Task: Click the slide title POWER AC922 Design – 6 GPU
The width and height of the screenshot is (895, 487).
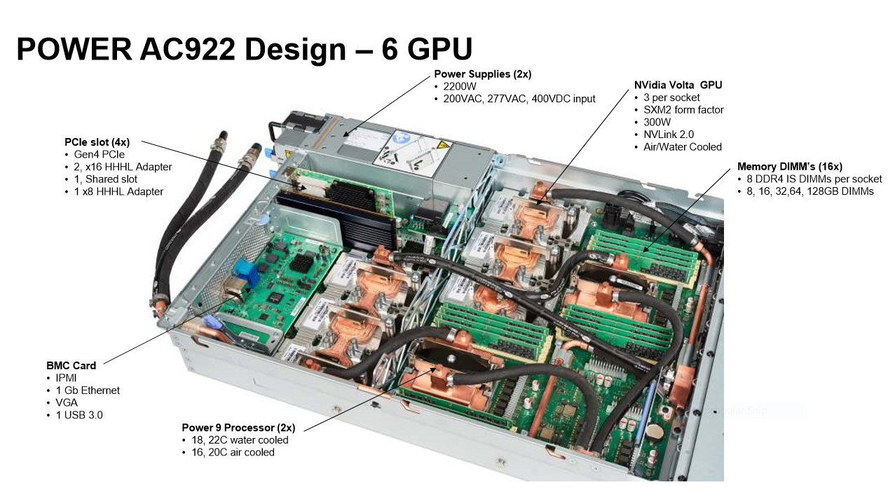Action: point(244,50)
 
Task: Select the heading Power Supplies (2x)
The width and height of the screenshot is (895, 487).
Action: point(482,74)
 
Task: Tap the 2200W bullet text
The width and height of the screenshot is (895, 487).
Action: point(460,87)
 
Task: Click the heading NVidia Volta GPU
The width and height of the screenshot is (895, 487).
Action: point(678,85)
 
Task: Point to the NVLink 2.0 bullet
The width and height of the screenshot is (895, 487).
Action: point(669,135)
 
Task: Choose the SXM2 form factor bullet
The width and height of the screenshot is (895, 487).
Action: point(683,110)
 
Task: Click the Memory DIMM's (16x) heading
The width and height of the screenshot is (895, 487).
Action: point(789,167)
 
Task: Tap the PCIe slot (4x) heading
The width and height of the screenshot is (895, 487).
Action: point(97,142)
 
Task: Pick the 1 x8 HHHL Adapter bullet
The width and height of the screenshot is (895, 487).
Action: point(118,191)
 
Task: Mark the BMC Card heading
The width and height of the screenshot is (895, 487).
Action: point(71,365)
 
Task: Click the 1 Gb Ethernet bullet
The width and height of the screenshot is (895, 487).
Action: point(88,390)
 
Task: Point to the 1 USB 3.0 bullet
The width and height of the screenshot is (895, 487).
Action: point(78,415)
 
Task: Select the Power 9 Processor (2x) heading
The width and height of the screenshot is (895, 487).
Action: point(238,427)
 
